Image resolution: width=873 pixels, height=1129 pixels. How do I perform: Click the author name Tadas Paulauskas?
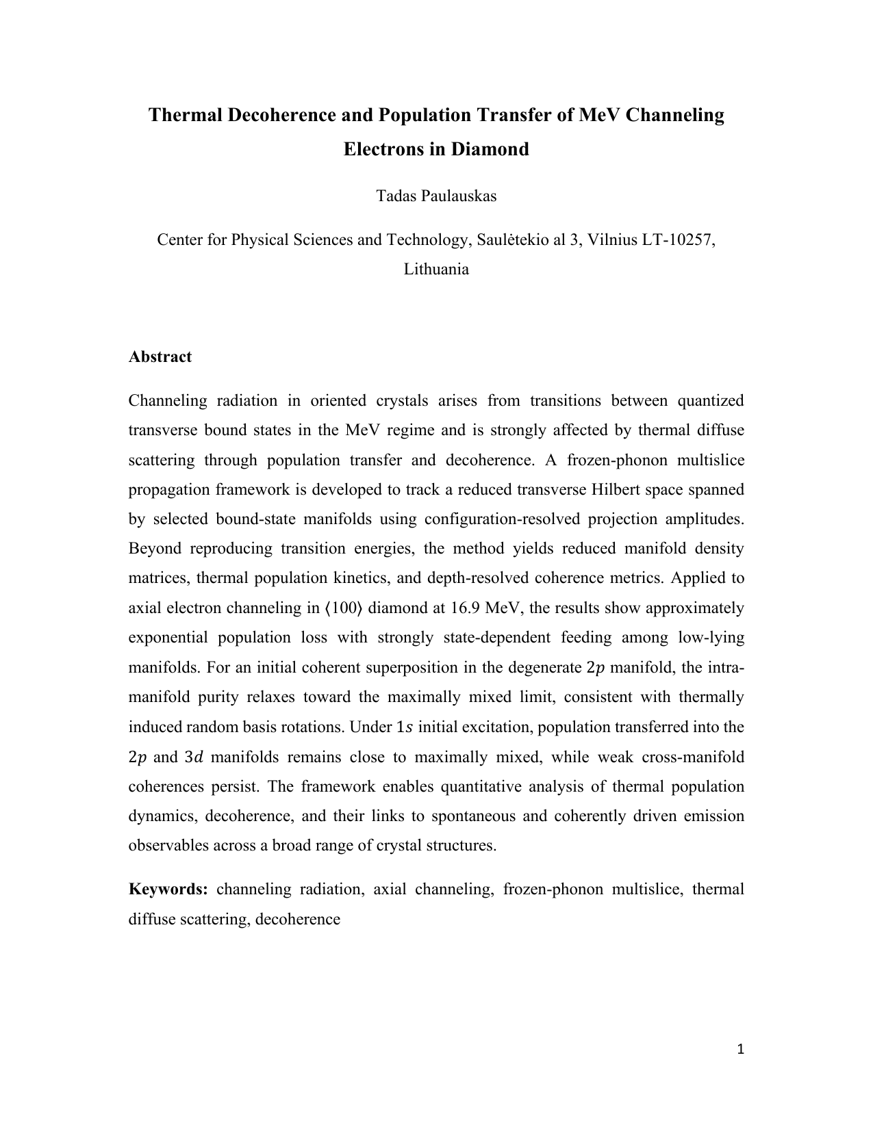(x=436, y=196)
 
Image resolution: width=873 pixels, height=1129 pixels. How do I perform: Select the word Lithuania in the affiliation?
(x=436, y=269)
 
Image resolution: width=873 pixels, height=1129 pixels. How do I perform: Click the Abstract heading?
(x=160, y=356)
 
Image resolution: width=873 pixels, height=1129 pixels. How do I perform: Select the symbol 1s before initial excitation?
(x=405, y=727)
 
